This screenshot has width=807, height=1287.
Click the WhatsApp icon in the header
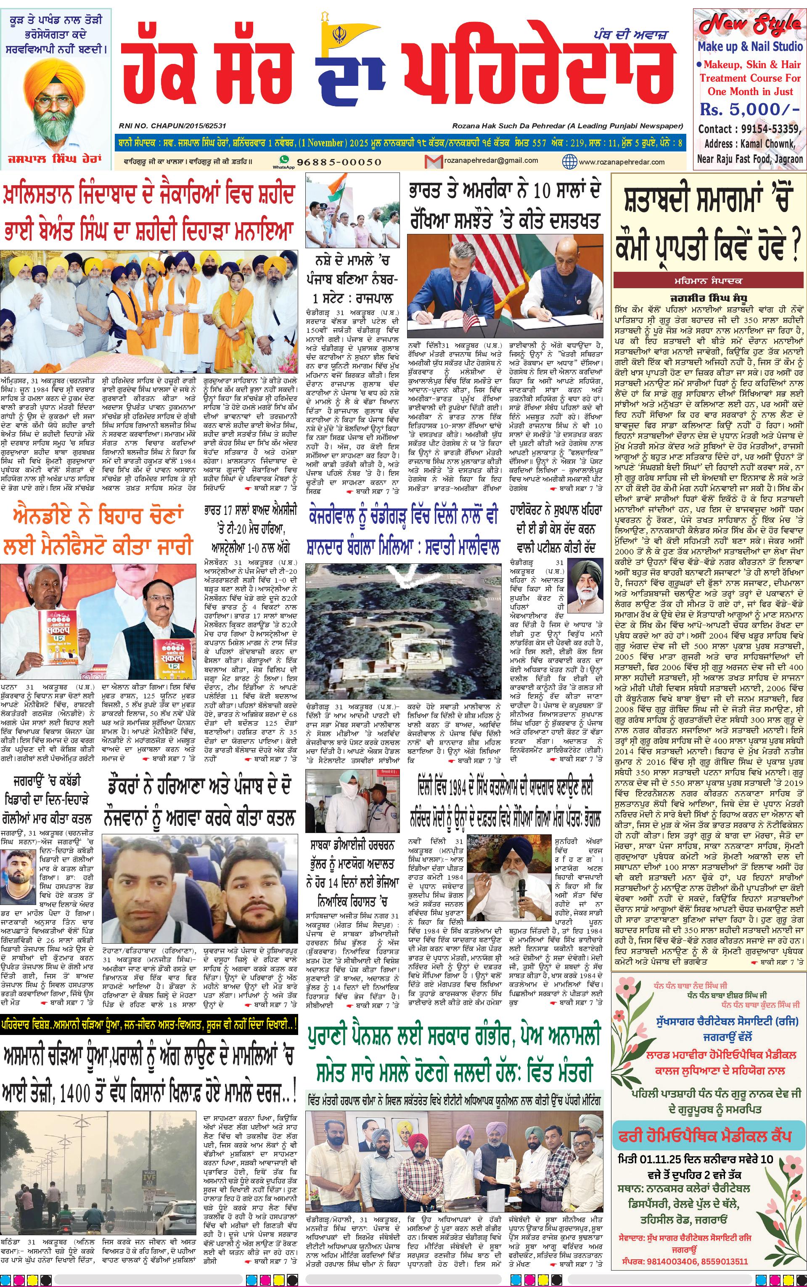(x=284, y=160)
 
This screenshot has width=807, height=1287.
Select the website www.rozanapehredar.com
(x=621, y=162)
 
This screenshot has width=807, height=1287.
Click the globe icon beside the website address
(x=569, y=161)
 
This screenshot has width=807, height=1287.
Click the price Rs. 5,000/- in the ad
(x=750, y=109)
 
